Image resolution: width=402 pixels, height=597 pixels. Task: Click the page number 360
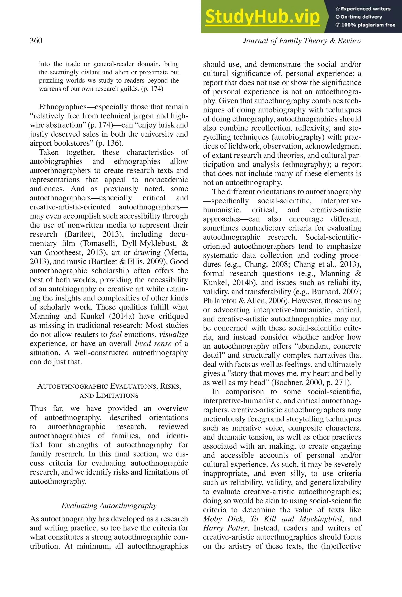pyautogui.click(x=36, y=40)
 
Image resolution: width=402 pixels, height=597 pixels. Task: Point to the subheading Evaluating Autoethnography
pyautogui.click(x=109, y=506)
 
